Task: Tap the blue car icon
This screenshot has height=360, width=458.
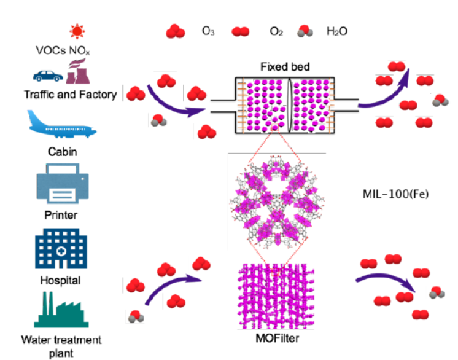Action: pos(47,76)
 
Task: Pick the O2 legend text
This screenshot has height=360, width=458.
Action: pos(276,29)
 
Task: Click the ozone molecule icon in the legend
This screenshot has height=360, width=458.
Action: pos(176,30)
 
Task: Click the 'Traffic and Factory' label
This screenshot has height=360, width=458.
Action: pos(70,95)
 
